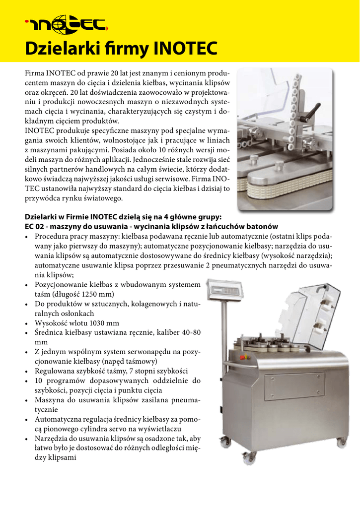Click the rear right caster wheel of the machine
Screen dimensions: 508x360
343,441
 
